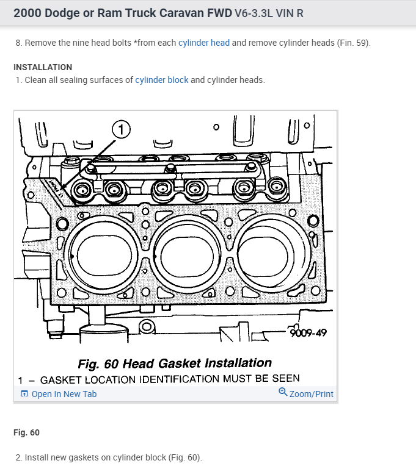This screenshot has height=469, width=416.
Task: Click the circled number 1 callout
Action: click(122, 129)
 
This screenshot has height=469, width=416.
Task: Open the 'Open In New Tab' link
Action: click(64, 394)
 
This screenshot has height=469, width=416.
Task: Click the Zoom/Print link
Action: click(311, 394)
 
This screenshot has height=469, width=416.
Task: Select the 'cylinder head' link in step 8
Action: click(204, 43)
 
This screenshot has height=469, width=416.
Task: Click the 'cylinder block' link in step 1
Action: click(162, 80)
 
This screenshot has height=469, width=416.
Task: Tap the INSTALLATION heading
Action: click(43, 67)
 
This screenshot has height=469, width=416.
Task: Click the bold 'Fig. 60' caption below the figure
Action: click(26, 432)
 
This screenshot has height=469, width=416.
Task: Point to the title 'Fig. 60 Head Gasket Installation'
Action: click(175, 364)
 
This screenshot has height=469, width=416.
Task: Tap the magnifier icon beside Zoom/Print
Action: click(283, 393)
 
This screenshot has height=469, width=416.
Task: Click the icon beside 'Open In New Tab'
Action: click(24, 394)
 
